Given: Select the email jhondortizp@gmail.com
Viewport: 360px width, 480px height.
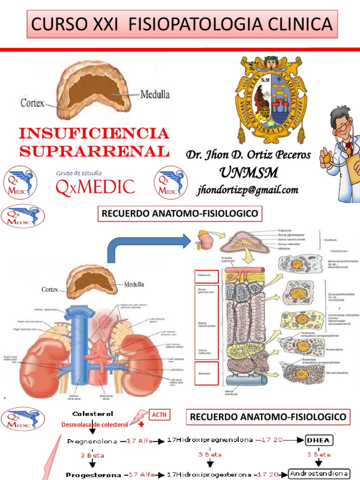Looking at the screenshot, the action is coord(247,189).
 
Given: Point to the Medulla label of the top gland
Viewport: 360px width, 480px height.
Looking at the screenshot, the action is coord(155,94).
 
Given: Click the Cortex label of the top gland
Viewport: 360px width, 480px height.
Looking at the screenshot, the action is coord(32,102).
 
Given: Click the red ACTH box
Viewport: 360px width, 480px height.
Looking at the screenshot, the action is coord(158,415).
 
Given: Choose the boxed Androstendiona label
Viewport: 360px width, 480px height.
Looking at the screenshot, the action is coord(320,473).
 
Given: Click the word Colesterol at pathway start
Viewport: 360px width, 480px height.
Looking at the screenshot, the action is coord(93,414).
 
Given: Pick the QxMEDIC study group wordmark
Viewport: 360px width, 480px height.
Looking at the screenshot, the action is coord(95,186).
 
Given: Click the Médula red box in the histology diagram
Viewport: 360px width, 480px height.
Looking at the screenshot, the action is coord(206,374).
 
